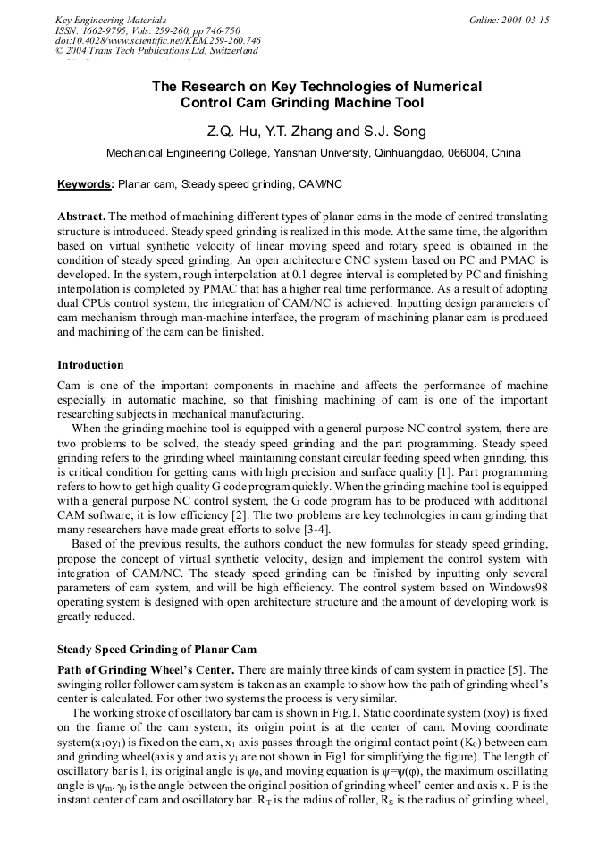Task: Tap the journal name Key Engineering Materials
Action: pyautogui.click(x=111, y=20)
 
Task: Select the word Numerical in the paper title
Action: pyautogui.click(x=447, y=87)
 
